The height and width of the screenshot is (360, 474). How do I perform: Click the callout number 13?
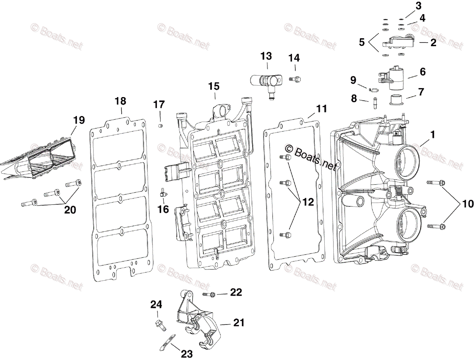[266, 56]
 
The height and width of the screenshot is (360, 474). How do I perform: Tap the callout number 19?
[79, 120]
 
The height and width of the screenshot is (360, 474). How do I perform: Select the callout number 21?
[238, 323]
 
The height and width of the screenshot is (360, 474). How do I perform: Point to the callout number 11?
[322, 109]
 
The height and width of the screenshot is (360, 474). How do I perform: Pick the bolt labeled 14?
[294, 79]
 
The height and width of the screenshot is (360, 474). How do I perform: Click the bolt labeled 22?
[209, 294]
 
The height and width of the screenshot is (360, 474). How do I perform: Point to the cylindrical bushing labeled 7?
[395, 99]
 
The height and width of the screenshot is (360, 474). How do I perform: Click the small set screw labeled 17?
[161, 126]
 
